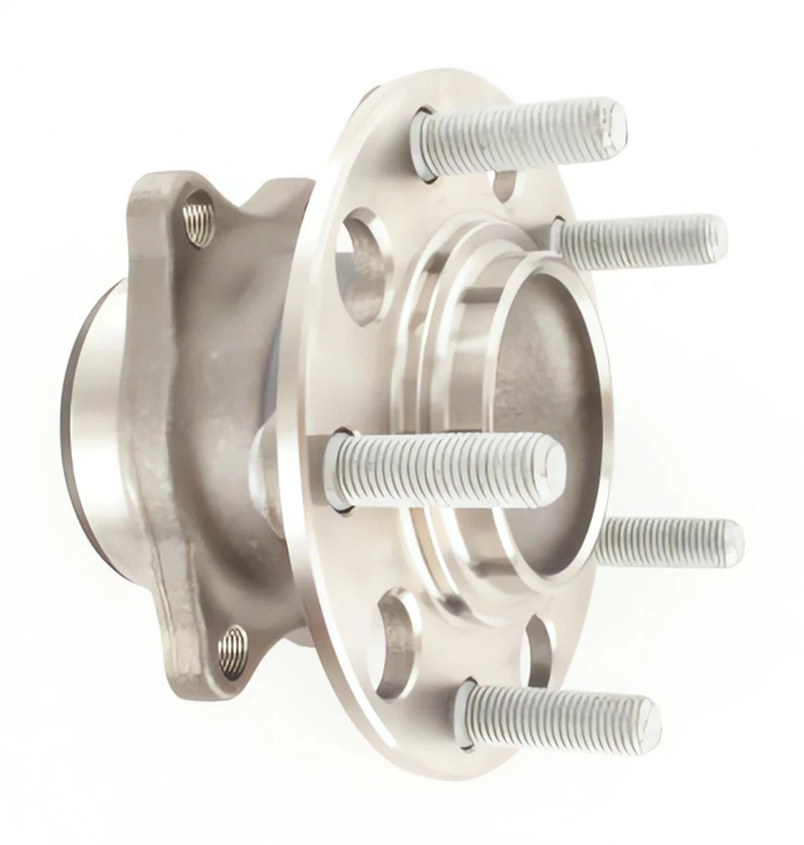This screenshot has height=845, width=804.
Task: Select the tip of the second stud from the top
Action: pos(714,236)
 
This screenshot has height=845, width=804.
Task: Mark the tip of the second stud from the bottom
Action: pos(732,539)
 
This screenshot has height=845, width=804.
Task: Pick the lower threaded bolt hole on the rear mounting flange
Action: pos(232,652)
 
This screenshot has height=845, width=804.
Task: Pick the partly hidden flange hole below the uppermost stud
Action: pos(506,184)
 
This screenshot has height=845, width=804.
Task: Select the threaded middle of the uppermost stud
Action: pos(519,132)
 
